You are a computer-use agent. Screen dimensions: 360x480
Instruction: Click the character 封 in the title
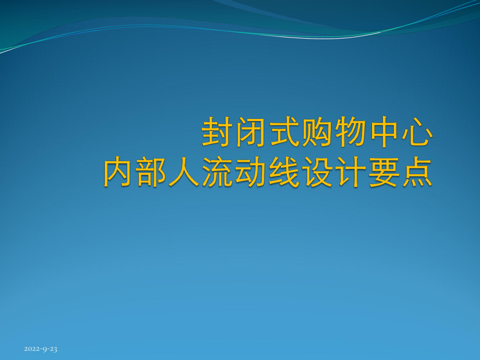[218, 133]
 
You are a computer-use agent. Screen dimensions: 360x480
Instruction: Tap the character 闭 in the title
[251, 133]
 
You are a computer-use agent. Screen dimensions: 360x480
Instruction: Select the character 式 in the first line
[284, 133]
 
